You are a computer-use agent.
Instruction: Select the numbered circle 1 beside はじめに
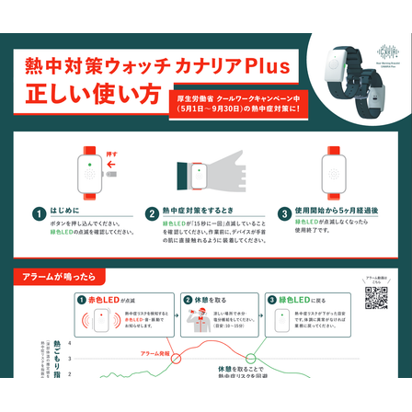[x=40, y=213]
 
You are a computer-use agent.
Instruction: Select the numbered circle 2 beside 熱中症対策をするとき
[x=152, y=213]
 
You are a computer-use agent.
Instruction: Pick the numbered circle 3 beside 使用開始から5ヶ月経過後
[x=285, y=213]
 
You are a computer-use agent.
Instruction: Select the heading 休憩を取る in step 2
[x=209, y=301]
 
